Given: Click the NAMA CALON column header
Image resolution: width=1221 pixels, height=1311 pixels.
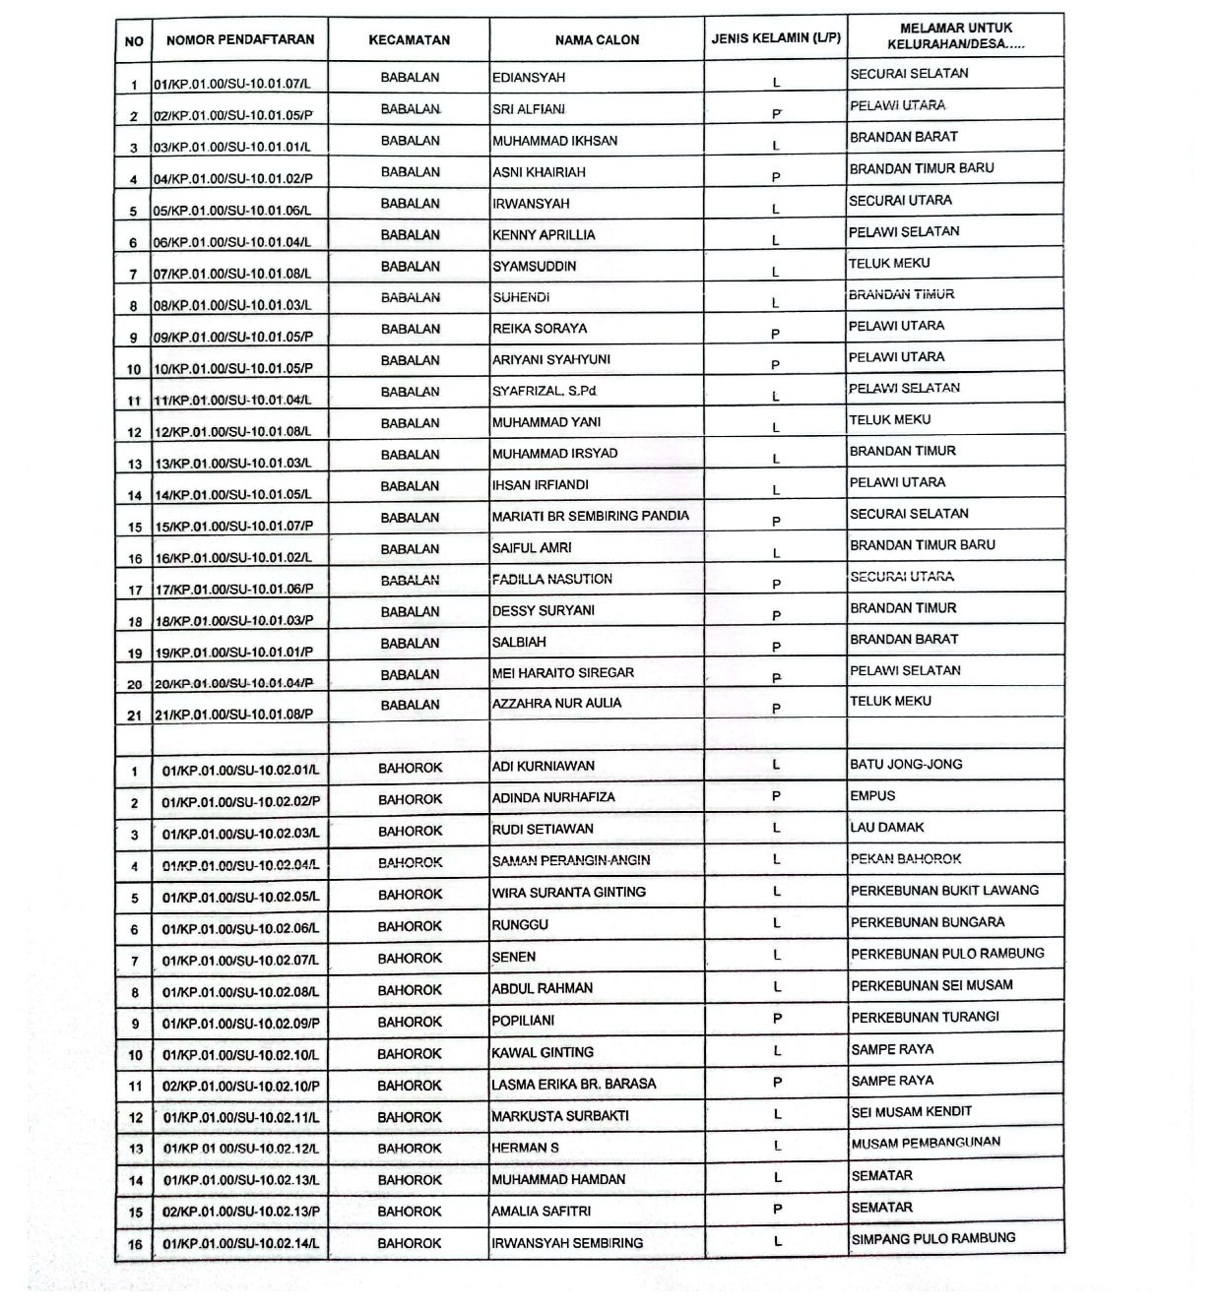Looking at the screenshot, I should pyautogui.click(x=597, y=40).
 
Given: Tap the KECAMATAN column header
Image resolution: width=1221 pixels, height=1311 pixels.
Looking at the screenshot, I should pyautogui.click(x=409, y=40).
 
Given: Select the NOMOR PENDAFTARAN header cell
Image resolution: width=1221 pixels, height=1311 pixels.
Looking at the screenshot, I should pyautogui.click(x=240, y=40).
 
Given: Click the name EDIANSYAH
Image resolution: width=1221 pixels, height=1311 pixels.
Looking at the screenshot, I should pyautogui.click(x=529, y=78).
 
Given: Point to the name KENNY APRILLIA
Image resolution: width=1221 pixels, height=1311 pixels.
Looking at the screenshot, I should pyautogui.click(x=544, y=235).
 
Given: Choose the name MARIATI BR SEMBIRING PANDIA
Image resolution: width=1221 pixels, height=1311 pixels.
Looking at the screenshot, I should pyautogui.click(x=591, y=516).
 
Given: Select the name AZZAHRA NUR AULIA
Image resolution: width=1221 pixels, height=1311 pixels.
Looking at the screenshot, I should pyautogui.click(x=556, y=704).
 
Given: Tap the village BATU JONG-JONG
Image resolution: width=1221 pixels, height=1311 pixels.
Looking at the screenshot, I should pyautogui.click(x=906, y=764).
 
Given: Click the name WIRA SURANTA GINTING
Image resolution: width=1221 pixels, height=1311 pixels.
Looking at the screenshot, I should pyautogui.click(x=569, y=893).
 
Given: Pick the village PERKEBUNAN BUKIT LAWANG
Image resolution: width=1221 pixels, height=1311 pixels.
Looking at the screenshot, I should pyautogui.click(x=944, y=891).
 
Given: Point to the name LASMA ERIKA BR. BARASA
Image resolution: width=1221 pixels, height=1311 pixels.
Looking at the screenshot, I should pyautogui.click(x=573, y=1085).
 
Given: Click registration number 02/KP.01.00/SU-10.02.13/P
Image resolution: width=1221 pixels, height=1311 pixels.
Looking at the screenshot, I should pyautogui.click(x=241, y=1213).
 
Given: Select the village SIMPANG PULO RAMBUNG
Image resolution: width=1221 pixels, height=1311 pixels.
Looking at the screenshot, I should pyautogui.click(x=932, y=1239).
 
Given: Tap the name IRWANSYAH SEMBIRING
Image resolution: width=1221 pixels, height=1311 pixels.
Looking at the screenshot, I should pyautogui.click(x=567, y=1243).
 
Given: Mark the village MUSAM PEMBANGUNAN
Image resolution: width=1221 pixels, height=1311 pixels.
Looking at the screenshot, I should pyautogui.click(x=926, y=1143).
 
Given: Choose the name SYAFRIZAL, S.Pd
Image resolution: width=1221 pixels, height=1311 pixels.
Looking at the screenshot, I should pyautogui.click(x=545, y=392).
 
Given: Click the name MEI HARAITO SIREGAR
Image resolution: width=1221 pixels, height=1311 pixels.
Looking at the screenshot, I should pyautogui.click(x=563, y=673).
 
